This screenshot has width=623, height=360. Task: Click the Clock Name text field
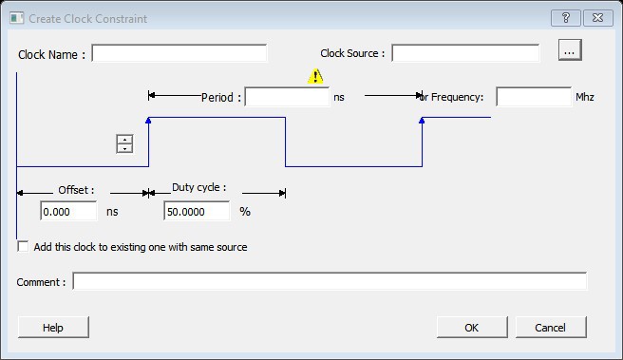pyautogui.click(x=179, y=53)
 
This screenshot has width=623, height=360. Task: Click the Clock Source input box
pyautogui.click(x=465, y=53)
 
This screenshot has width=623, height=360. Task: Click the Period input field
pyautogui.click(x=287, y=97)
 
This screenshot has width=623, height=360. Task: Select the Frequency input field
pyautogui.click(x=534, y=97)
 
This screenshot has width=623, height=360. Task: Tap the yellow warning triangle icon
pyautogui.click(x=315, y=76)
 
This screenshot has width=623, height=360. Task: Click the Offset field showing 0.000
pyautogui.click(x=68, y=211)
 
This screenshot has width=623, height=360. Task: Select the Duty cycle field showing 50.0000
pyautogui.click(x=197, y=211)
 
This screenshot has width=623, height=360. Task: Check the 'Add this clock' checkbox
pyautogui.click(x=23, y=247)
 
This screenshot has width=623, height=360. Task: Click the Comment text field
pyautogui.click(x=330, y=282)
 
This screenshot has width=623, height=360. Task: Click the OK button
pyautogui.click(x=472, y=328)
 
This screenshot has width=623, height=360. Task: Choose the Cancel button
pyautogui.click(x=551, y=328)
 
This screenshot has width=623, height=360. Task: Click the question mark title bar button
pyautogui.click(x=566, y=18)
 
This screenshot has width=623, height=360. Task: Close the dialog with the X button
pyautogui.click(x=598, y=18)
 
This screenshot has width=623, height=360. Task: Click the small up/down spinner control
pyautogui.click(x=124, y=143)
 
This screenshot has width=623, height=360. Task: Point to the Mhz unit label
pyautogui.click(x=585, y=97)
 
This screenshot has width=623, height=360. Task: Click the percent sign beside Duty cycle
pyautogui.click(x=245, y=212)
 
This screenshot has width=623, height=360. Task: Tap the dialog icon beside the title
pyautogui.click(x=17, y=18)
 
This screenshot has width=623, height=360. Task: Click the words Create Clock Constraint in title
pyautogui.click(x=87, y=19)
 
